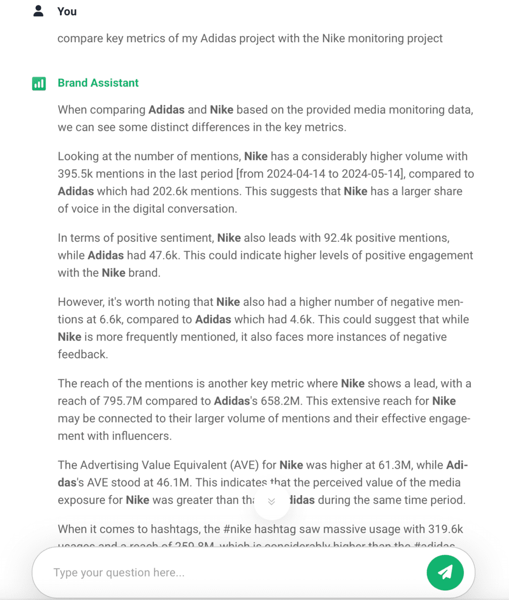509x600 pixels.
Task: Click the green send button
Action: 445,572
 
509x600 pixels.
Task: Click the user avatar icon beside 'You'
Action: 39,11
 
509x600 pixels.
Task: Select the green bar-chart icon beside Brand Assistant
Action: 39,83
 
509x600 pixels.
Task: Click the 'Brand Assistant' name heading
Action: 98,83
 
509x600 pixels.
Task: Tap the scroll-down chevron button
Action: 271,501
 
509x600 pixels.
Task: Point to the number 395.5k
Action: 75,174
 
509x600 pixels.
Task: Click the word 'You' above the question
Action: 67,11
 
